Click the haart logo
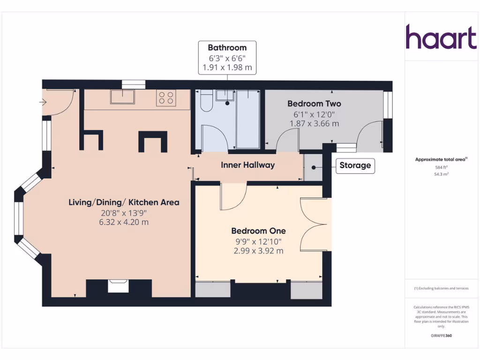(441, 37)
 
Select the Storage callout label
(355, 165)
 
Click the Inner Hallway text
(247, 165)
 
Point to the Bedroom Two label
(314, 104)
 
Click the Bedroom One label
(258, 231)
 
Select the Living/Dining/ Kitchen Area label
(124, 202)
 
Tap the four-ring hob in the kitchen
(166, 98)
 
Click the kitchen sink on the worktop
(122, 97)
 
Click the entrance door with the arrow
(56, 103)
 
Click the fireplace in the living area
(119, 286)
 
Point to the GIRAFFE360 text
(441, 336)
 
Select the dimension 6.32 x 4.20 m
(124, 222)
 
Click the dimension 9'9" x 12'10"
(258, 241)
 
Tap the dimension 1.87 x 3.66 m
(314, 124)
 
